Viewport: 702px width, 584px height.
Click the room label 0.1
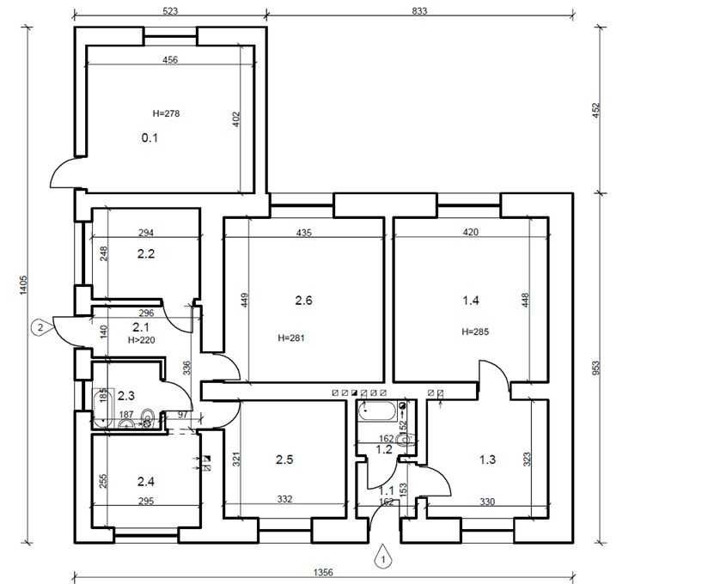[x=150, y=137]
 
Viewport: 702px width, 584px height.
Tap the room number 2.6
[x=303, y=301]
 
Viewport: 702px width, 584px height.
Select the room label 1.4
[x=471, y=300]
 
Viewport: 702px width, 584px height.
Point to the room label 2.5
[x=284, y=459]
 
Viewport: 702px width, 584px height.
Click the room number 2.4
[x=146, y=482]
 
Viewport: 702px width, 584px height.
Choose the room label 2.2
[x=146, y=254]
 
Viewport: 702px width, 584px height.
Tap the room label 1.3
[x=487, y=459]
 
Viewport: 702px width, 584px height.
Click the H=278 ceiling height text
[x=166, y=113]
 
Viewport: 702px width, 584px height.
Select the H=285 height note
[x=475, y=332]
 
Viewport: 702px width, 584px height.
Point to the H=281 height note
[x=291, y=338]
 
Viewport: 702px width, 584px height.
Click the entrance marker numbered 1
[x=382, y=557]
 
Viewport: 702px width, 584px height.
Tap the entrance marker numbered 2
[x=42, y=327]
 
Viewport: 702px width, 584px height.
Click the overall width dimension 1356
[x=323, y=572]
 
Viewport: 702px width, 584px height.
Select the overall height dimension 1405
[x=24, y=285]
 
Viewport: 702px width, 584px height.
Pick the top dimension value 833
[x=419, y=11]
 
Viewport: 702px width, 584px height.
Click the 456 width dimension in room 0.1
[x=170, y=59]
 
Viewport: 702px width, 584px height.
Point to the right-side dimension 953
[x=596, y=368]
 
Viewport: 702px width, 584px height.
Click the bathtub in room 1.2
[x=377, y=411]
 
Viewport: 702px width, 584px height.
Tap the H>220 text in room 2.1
[x=142, y=340]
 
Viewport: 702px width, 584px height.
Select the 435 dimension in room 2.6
[x=304, y=233]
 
